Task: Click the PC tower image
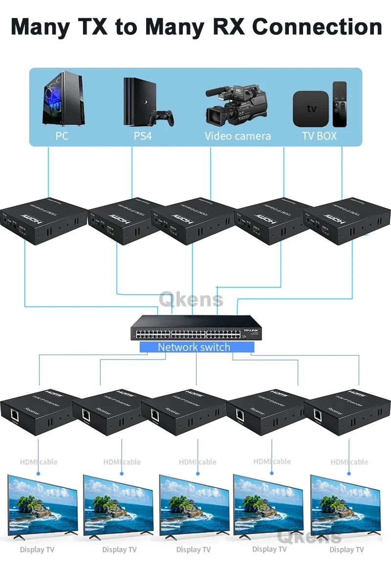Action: [62, 100]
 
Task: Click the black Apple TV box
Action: [311, 108]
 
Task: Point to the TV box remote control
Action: [340, 104]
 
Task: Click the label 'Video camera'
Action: [238, 135]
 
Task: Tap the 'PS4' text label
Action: [143, 135]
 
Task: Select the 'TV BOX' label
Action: [320, 135]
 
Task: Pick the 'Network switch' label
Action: [194, 347]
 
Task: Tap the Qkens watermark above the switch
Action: [191, 299]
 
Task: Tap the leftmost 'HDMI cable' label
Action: [39, 462]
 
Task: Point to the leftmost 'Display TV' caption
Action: [37, 550]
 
